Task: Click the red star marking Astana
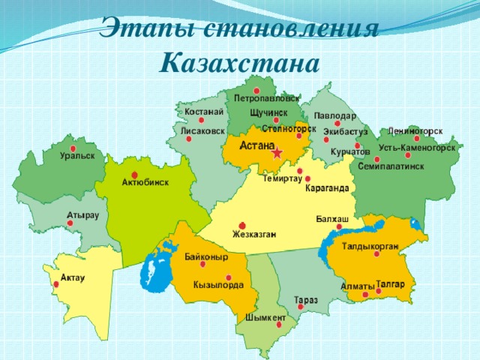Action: tap(277, 154)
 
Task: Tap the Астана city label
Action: tap(256, 145)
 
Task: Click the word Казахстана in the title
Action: tap(240, 58)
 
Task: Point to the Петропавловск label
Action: tap(267, 98)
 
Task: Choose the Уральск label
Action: tap(78, 156)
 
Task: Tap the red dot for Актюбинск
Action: tap(134, 175)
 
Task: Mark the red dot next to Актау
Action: tap(55, 283)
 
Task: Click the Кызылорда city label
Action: tap(218, 285)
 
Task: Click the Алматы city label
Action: tap(357, 286)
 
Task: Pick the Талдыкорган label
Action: tap(370, 246)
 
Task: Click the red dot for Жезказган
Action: tap(241, 226)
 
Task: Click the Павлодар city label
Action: tap(334, 115)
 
